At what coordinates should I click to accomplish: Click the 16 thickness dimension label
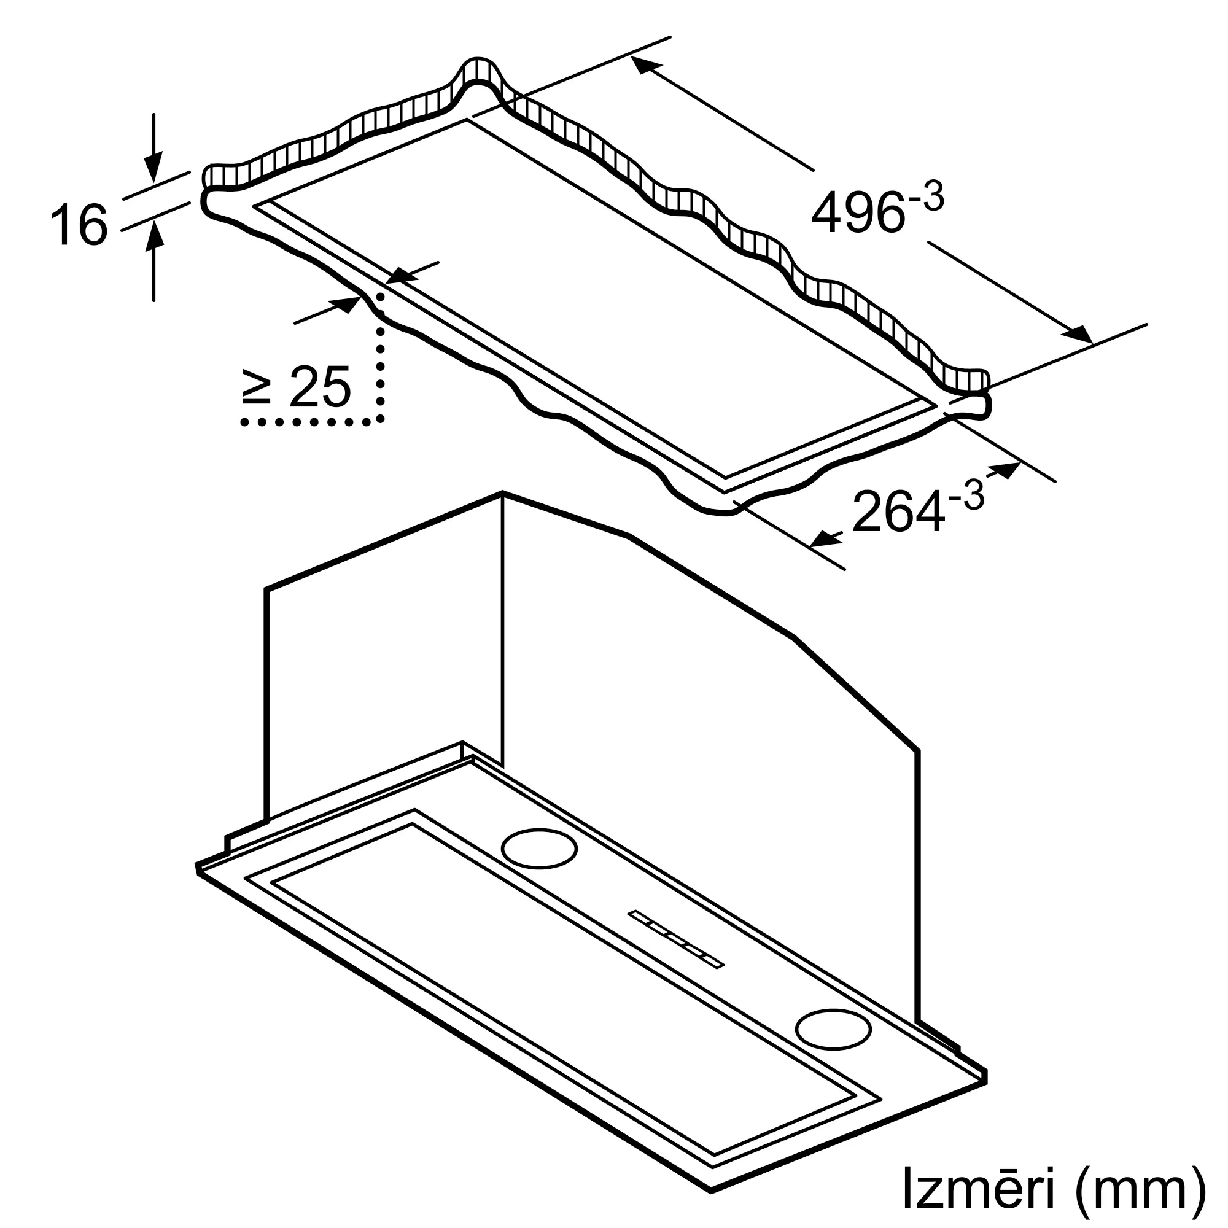coord(79,224)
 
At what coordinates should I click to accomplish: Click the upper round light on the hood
coord(539,848)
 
